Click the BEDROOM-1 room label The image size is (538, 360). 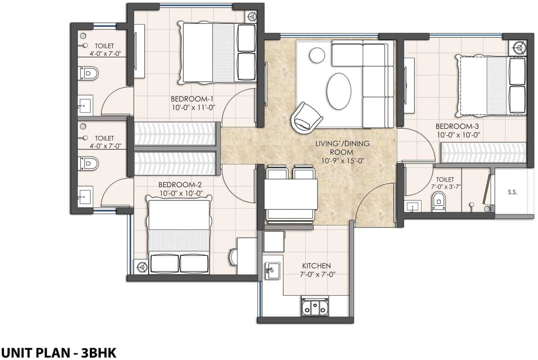[192, 99]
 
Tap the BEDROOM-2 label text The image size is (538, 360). [180, 185]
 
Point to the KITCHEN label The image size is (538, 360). [316, 266]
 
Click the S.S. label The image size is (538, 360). [513, 192]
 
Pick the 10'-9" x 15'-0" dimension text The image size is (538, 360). [342, 161]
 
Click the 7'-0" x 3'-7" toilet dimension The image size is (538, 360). [445, 187]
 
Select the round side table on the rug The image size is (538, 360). [317, 56]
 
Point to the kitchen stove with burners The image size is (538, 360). [315, 307]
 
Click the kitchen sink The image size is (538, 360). [272, 271]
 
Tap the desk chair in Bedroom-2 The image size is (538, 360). [233, 257]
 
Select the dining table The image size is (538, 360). [291, 194]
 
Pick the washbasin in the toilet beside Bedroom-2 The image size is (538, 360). [85, 195]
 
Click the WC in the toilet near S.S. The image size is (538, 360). [439, 201]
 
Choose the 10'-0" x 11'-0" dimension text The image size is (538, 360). [193, 107]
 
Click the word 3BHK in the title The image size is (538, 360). [99, 352]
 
